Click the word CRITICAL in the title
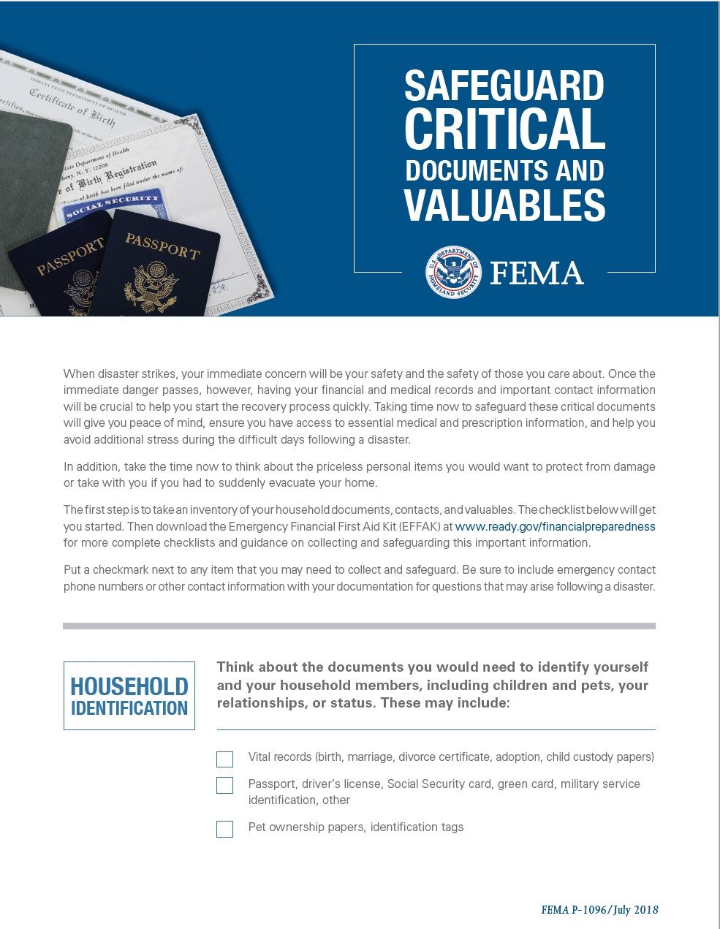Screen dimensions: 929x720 (504, 129)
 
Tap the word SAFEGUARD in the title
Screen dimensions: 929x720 (504, 86)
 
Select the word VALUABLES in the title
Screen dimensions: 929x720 (504, 205)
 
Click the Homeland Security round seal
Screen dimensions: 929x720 (454, 272)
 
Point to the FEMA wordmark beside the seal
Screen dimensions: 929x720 (537, 273)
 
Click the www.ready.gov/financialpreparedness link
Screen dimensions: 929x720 (555, 526)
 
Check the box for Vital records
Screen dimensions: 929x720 (225, 759)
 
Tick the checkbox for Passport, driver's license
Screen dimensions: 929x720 (225, 785)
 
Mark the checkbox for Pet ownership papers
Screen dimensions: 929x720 (225, 829)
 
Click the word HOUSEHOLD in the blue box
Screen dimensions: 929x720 (129, 687)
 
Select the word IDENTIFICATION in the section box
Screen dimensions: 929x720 (129, 708)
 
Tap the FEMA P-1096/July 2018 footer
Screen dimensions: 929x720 (599, 910)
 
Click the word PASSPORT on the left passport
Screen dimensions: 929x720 (70, 257)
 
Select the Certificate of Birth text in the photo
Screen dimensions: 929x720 (72, 107)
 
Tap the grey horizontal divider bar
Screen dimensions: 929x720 (359, 626)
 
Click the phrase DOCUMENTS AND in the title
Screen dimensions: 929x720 (504, 170)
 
